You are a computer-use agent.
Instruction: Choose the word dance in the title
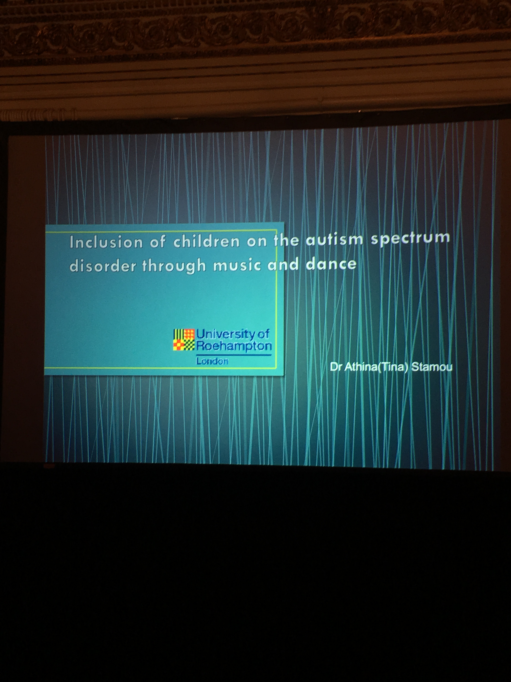[x=331, y=264]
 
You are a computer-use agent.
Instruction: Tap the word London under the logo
[x=212, y=361]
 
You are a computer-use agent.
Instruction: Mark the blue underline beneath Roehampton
[x=234, y=355]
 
